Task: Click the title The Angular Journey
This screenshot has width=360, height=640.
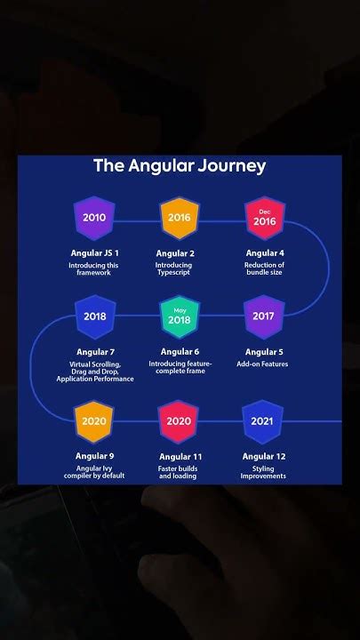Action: click(180, 166)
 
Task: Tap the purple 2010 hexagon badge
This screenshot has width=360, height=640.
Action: click(94, 218)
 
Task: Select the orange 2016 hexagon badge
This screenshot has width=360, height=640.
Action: click(179, 218)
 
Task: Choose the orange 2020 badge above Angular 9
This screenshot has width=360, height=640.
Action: click(94, 421)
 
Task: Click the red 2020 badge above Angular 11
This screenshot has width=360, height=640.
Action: click(179, 421)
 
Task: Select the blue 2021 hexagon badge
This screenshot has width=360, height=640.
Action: click(263, 421)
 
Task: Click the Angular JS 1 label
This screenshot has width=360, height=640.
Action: click(94, 253)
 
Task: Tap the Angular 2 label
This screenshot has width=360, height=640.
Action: click(174, 253)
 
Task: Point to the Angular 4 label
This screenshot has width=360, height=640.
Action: click(264, 253)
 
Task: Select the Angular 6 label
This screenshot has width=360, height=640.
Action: click(180, 352)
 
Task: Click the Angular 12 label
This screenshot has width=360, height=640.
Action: click(264, 456)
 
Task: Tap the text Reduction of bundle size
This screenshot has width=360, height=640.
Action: click(264, 268)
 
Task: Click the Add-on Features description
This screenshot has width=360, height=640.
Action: click(263, 364)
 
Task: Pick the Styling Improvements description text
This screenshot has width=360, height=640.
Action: click(263, 472)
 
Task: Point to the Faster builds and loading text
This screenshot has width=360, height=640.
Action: click(178, 472)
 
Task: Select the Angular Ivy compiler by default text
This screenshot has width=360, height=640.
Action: click(94, 472)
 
